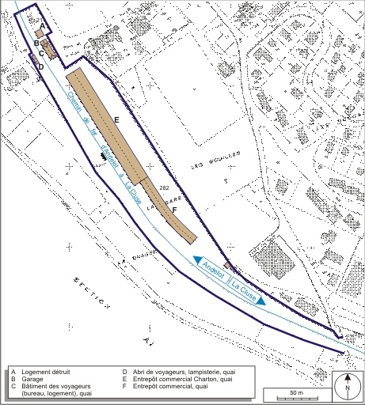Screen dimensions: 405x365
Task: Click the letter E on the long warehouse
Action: [x=116, y=119]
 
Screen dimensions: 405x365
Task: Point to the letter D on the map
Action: [x=41, y=67]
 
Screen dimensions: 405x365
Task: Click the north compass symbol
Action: [x=346, y=383]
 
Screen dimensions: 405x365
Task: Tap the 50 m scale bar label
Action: [x=296, y=392]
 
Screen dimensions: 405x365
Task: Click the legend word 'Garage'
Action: [x=32, y=379]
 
